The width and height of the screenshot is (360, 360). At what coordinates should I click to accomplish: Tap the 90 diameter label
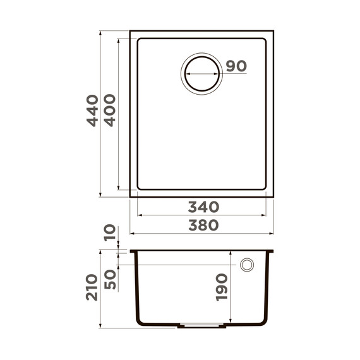(235, 66)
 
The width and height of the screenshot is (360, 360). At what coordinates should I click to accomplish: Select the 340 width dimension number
(202, 207)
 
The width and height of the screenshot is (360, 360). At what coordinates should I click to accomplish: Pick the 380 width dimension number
(202, 225)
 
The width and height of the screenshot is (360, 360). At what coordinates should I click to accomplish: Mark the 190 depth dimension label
(221, 288)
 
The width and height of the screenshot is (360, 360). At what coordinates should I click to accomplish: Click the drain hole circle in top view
(201, 74)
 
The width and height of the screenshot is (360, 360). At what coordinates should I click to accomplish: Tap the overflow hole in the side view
(247, 265)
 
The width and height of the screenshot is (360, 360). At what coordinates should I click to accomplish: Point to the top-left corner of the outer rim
(131, 30)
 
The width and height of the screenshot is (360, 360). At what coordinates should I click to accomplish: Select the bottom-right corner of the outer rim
(273, 196)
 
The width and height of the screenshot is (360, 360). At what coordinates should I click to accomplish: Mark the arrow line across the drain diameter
(201, 74)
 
